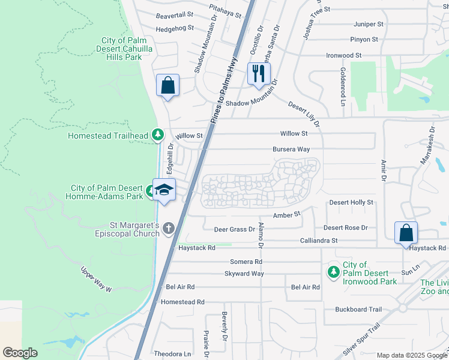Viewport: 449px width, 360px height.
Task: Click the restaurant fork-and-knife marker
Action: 259,74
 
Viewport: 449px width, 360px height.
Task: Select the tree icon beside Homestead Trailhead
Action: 158,135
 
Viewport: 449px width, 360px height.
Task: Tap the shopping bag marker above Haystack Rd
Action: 406,233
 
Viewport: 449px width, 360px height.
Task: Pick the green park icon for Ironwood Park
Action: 333,272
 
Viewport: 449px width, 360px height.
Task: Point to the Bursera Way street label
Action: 291,149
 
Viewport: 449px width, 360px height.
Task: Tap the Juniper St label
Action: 369,25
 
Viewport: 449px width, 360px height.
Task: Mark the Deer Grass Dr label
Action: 235,229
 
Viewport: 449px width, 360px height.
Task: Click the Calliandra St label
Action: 319,241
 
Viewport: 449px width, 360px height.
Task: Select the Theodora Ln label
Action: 172,354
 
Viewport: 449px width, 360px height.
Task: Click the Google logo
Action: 20,353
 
